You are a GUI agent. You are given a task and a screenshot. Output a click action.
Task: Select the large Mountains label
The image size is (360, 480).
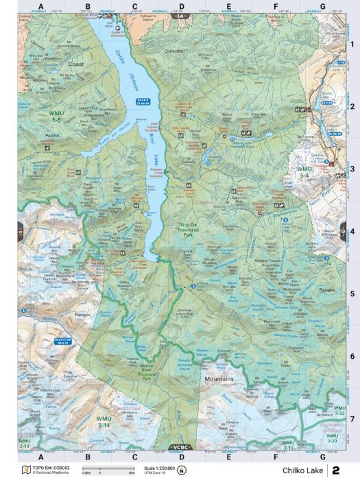pos(218,379)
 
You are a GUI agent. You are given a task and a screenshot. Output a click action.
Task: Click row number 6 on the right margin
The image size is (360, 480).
pos(352,356)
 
